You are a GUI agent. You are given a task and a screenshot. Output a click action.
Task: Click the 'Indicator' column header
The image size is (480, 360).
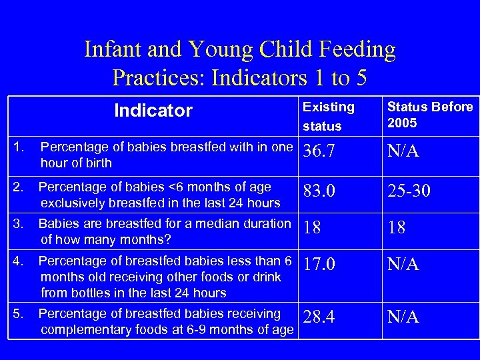153,111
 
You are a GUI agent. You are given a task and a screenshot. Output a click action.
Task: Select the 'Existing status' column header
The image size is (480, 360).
328,116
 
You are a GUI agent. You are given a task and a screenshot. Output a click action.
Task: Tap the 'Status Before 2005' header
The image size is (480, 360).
430,115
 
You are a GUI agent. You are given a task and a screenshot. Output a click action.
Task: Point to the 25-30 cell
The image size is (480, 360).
409,191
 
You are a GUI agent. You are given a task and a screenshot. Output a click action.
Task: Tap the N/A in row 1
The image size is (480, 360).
403,153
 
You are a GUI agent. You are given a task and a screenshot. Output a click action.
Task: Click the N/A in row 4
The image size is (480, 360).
403,265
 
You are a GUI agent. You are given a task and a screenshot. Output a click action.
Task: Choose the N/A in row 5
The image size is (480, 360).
403,317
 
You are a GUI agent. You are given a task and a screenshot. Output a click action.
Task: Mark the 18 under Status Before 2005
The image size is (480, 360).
397,228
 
